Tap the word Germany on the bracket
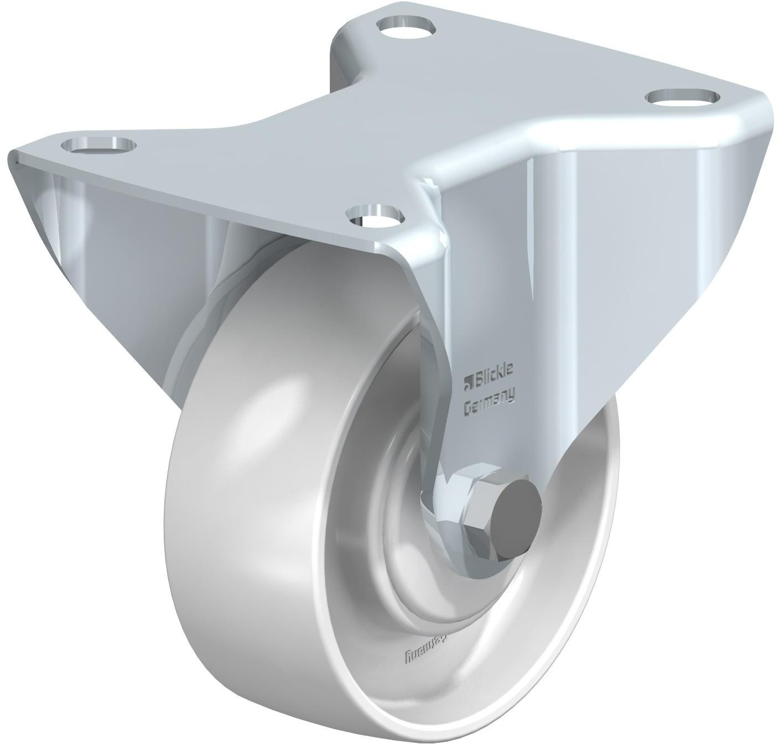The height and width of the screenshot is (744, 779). pos(489,401)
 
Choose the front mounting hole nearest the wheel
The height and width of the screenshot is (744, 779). pos(374,215)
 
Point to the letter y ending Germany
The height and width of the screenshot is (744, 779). pos(512,395)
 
